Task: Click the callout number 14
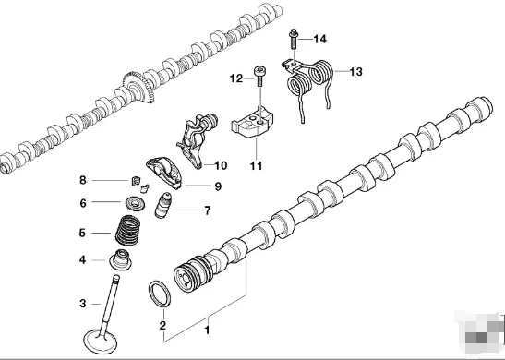(319, 39)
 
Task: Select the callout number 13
(355, 70)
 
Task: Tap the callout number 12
(235, 79)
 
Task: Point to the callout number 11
(256, 165)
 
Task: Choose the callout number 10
(220, 166)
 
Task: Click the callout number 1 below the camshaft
(207, 330)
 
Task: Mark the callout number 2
(162, 325)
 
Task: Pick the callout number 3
(82, 303)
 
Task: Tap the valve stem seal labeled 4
(122, 259)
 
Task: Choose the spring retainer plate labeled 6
(136, 203)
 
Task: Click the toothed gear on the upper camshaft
(139, 90)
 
